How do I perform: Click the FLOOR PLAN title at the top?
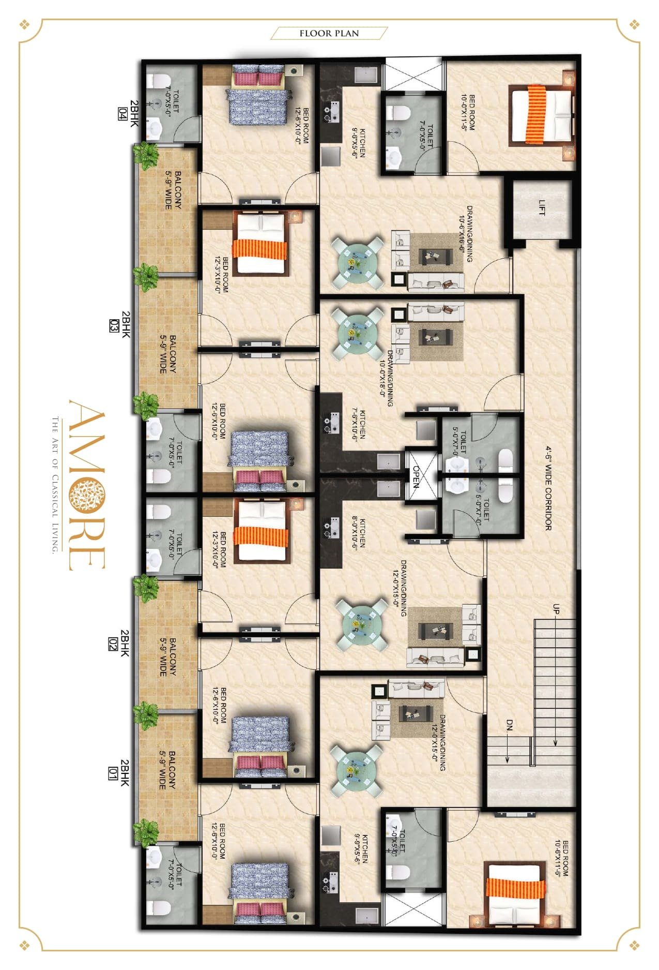[x=329, y=33]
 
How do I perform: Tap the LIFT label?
[x=542, y=208]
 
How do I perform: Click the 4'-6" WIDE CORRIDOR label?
[x=548, y=488]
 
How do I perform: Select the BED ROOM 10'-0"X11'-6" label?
[x=468, y=112]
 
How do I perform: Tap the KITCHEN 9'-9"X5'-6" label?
[x=361, y=848]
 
